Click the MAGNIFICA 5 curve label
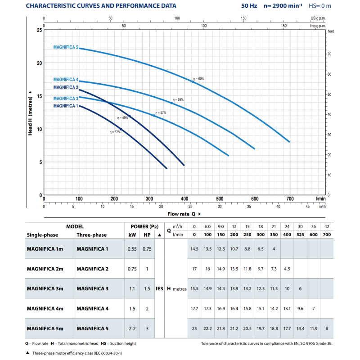point(66,47)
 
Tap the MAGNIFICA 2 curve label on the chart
point(66,87)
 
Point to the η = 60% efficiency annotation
point(198,79)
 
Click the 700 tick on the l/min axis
point(290,199)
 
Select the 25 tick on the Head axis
point(40,30)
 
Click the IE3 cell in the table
point(160,288)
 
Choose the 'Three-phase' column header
point(92,235)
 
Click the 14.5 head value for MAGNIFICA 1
point(194,249)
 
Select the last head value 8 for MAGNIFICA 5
point(327,328)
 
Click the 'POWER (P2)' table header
point(140,227)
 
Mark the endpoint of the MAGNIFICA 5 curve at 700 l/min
point(290,142)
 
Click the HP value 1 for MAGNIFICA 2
point(147,269)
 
